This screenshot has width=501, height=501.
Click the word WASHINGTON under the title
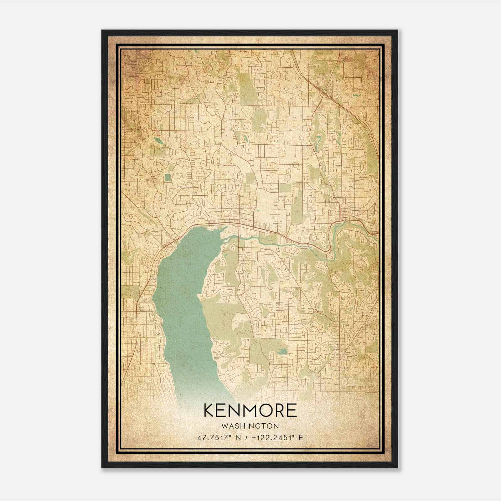(250, 426)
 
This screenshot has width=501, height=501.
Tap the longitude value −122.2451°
(269, 438)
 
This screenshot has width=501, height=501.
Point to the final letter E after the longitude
(301, 438)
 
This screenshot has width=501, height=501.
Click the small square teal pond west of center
(168, 178)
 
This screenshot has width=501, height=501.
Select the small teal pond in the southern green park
(282, 351)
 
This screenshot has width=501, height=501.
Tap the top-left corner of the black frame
(102, 31)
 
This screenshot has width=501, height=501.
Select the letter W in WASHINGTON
(225, 426)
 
